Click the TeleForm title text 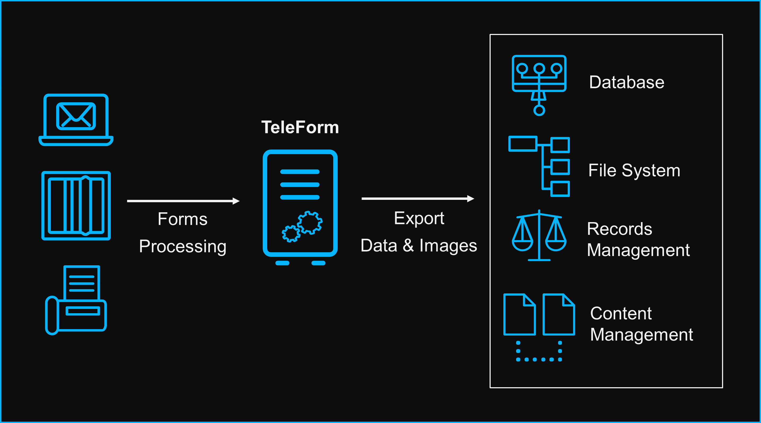[x=300, y=127]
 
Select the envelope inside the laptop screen [x=76, y=116]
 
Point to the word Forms [x=183, y=219]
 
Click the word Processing [x=183, y=246]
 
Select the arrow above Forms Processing [x=183, y=201]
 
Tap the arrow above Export [x=418, y=199]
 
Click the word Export [x=419, y=219]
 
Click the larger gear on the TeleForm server [x=309, y=222]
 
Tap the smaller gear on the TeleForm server [x=291, y=234]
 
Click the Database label [x=627, y=82]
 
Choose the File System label [x=634, y=170]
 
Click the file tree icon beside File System [x=539, y=166]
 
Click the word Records [x=619, y=229]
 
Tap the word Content [x=621, y=314]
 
